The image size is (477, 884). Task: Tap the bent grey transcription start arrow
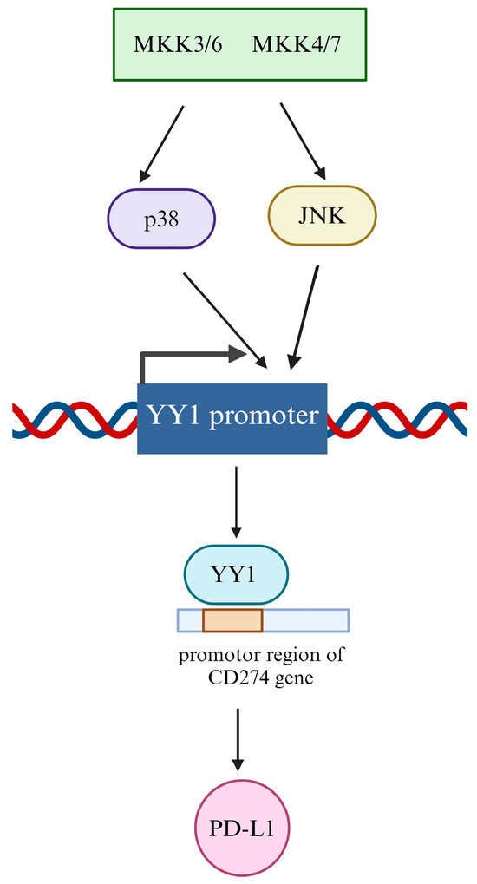tap(191, 356)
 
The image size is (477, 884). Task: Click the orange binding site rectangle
tap(232, 619)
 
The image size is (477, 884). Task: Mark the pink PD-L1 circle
tap(236, 826)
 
